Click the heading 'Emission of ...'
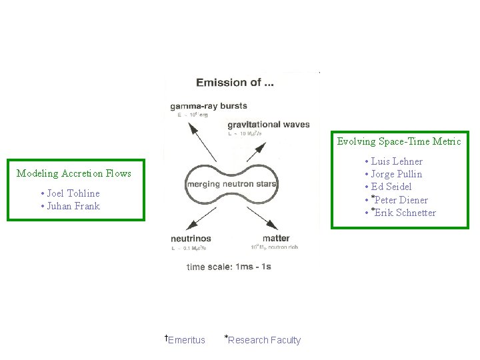[x=234, y=83]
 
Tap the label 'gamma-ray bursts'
[x=208, y=105]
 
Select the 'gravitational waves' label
[x=268, y=125]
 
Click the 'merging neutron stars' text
[x=231, y=183]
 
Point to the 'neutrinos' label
[x=191, y=238]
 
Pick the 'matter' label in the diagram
[x=275, y=238]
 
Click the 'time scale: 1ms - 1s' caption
[x=229, y=267]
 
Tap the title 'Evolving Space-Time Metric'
[x=399, y=141]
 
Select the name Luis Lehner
[x=397, y=161]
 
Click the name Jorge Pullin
[x=397, y=174]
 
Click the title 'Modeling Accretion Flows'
[x=74, y=173]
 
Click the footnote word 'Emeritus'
[x=187, y=340]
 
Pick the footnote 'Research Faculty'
[x=265, y=340]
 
